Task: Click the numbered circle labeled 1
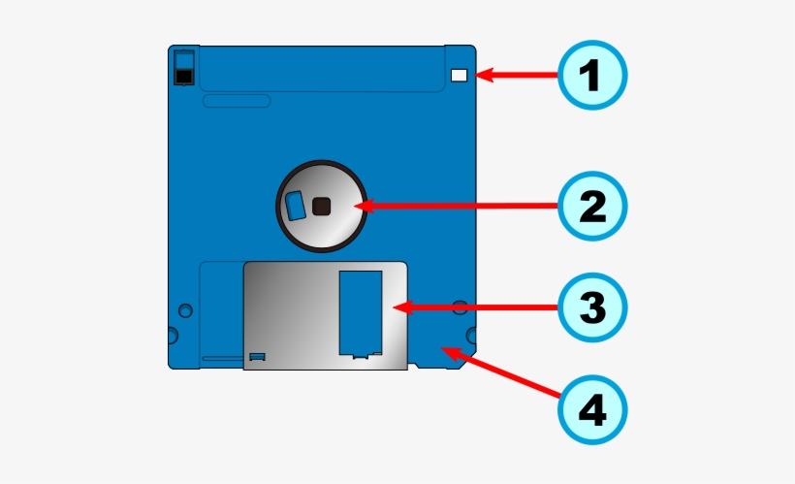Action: coord(593,75)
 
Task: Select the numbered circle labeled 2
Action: coord(593,206)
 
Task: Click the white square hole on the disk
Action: coord(460,75)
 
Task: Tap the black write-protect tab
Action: coord(182,75)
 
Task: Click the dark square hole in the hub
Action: coord(323,205)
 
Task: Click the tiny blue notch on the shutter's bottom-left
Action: coord(257,357)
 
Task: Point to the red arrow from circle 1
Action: coord(519,75)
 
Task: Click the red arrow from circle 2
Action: coord(456,206)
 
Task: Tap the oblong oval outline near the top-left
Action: coord(238,100)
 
